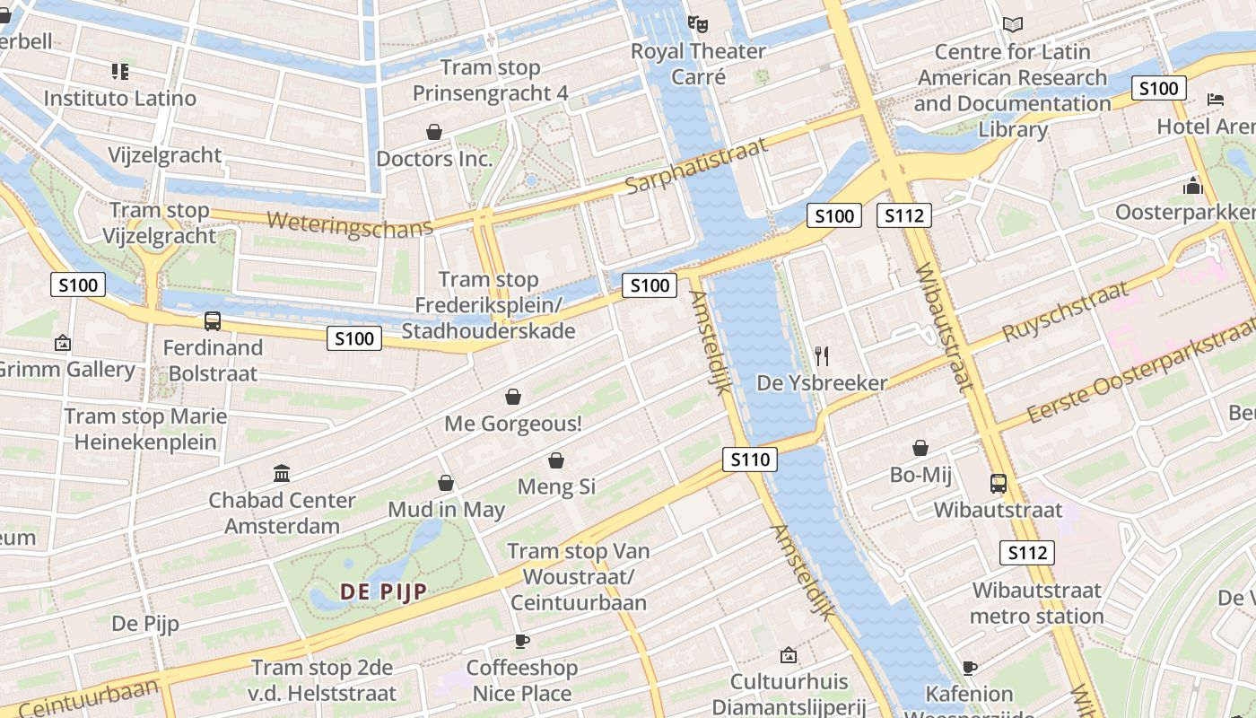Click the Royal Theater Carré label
(x=698, y=64)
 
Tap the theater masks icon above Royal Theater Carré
(x=698, y=23)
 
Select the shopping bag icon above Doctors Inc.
(x=434, y=132)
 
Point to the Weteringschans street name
(x=350, y=223)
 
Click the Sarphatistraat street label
(x=697, y=166)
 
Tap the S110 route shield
(x=749, y=460)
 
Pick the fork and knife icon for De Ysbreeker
(x=822, y=356)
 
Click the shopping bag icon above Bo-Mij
(x=920, y=448)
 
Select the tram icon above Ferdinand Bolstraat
(x=213, y=320)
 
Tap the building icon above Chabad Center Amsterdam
(x=282, y=473)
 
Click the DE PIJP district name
(x=383, y=591)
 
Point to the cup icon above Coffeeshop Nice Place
(x=521, y=641)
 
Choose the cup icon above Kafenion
(x=969, y=667)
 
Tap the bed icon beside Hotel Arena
(x=1216, y=100)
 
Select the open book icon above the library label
(x=1013, y=25)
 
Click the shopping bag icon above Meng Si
(x=556, y=460)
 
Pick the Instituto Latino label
(x=120, y=98)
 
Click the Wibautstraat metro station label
(x=1036, y=603)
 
